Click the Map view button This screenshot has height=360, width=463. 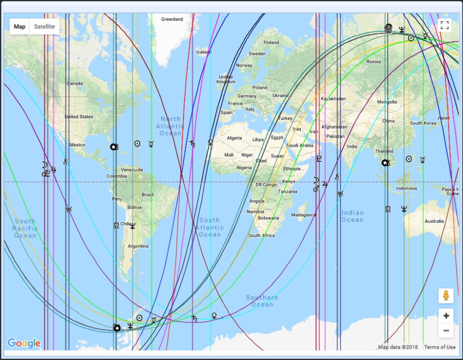(x=20, y=27)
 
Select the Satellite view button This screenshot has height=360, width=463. (x=44, y=27)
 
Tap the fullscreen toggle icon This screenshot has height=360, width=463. (x=444, y=25)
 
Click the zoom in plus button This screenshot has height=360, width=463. (x=446, y=316)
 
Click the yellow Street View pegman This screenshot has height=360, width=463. (x=446, y=296)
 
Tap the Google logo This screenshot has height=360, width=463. (x=24, y=343)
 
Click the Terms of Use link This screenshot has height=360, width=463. (x=440, y=347)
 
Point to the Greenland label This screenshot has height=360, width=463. (x=172, y=20)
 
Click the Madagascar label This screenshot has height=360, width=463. (x=304, y=215)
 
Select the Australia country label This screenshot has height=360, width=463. (x=434, y=221)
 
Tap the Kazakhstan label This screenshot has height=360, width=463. (x=333, y=99)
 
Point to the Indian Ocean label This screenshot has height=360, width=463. (x=352, y=216)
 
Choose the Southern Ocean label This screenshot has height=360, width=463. (x=262, y=301)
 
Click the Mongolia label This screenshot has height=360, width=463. (x=387, y=102)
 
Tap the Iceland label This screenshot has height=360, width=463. (x=204, y=52)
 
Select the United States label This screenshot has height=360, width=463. (x=79, y=117)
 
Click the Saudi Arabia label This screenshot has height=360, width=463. (x=300, y=145)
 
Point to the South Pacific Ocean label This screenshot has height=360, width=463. (x=26, y=228)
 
